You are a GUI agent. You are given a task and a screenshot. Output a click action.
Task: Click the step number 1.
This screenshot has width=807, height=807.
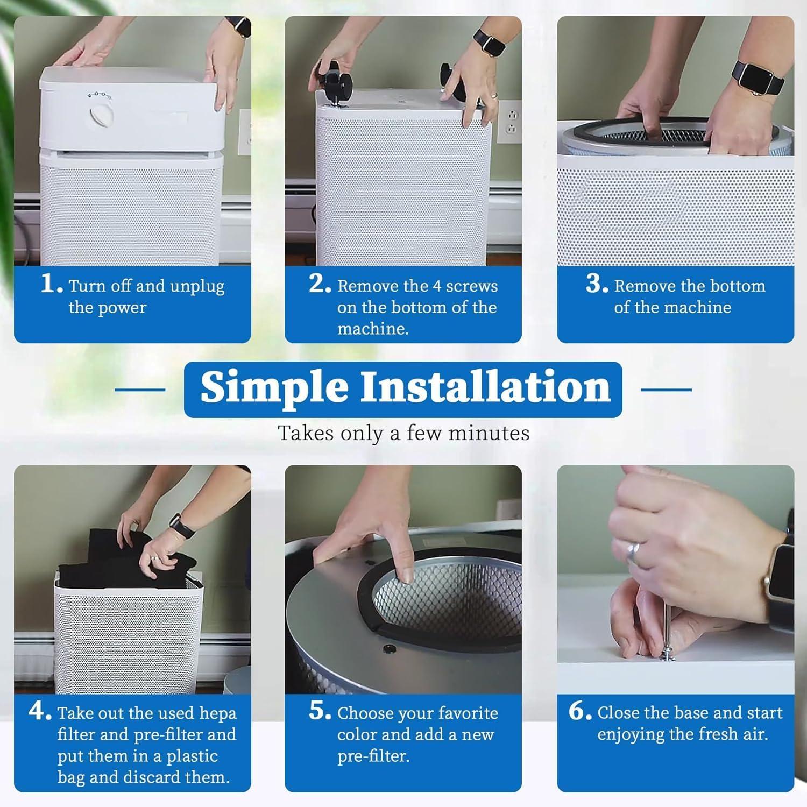tap(52, 285)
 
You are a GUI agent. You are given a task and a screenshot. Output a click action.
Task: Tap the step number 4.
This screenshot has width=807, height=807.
tap(40, 711)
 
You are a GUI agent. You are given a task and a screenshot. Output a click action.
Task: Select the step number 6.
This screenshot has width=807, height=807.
tap(580, 711)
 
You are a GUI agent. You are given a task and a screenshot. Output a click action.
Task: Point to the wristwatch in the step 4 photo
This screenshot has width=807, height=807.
tap(182, 525)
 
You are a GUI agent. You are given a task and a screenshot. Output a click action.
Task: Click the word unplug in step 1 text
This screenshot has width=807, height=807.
tap(197, 287)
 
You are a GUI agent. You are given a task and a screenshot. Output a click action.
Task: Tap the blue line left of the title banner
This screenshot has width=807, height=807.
tap(140, 390)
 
